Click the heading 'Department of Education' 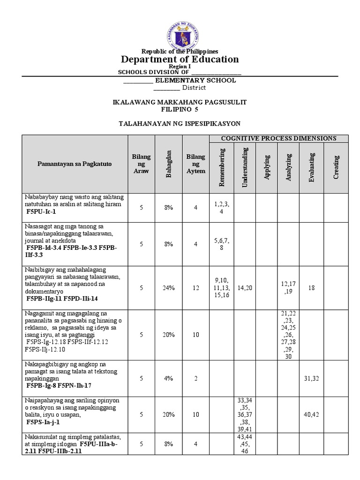(x=180, y=59)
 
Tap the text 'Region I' (x=180, y=67)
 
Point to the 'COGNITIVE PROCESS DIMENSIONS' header (x=278, y=138)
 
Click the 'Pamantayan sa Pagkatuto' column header (x=75, y=164)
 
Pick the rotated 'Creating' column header (x=336, y=167)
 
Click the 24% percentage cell (x=169, y=288)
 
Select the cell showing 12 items (x=195, y=288)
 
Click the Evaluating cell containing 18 (x=312, y=288)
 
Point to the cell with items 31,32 (x=312, y=378)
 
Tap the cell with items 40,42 (x=312, y=414)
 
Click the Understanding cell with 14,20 (x=245, y=288)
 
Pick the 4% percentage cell (x=169, y=378)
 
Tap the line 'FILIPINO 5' (x=180, y=109)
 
